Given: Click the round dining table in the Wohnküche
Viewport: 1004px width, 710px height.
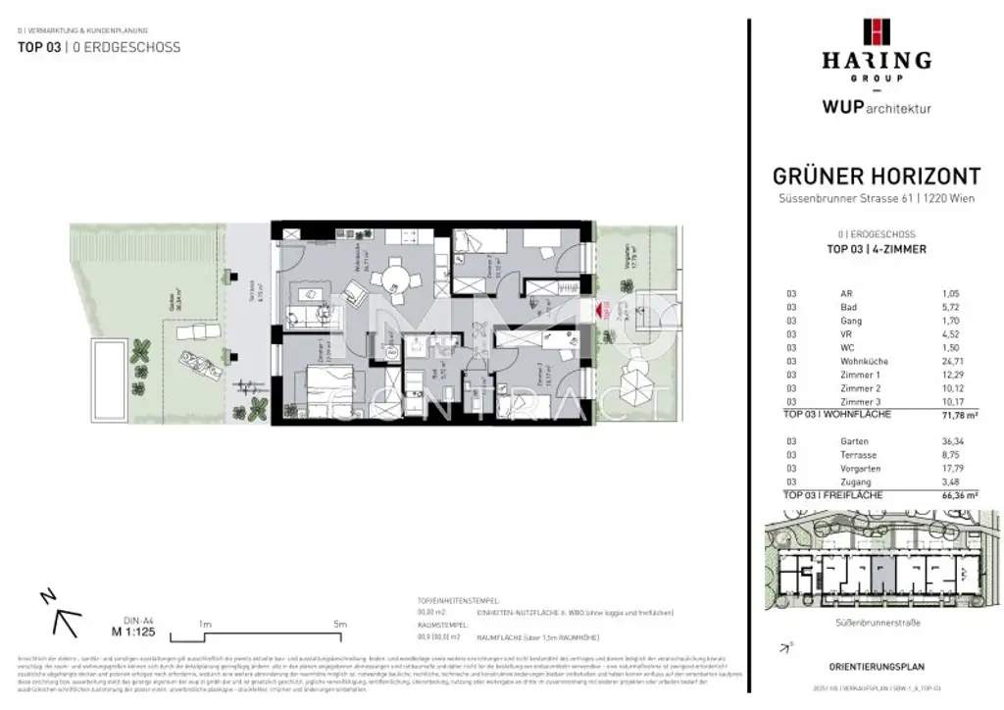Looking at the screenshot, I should [x=393, y=276].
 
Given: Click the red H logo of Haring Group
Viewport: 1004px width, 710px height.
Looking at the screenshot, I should [x=876, y=32].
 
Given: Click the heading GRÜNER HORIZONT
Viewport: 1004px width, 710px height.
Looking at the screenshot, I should [x=877, y=177].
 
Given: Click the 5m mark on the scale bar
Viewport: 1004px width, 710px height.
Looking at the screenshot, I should [x=341, y=624].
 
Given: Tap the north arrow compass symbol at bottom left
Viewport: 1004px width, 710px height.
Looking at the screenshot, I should [x=58, y=610].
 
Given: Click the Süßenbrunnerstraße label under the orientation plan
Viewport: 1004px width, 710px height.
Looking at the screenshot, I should [x=877, y=622].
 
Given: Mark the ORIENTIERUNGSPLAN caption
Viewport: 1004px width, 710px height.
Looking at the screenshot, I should [x=877, y=667].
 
